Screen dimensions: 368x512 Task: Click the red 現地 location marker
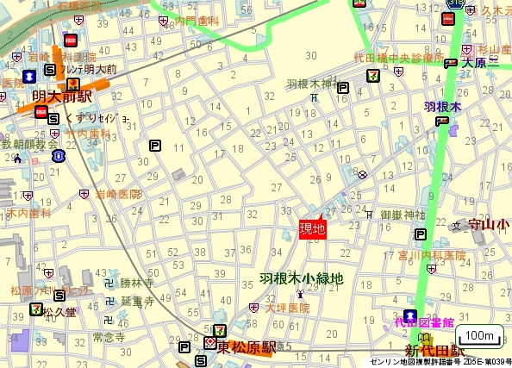click(312, 228)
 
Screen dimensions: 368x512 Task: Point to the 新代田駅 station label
click(435, 352)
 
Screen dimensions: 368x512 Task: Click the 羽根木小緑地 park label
click(302, 279)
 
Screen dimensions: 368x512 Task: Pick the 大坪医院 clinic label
click(287, 308)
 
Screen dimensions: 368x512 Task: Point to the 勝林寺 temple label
click(136, 283)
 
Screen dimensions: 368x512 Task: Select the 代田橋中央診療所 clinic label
click(398, 59)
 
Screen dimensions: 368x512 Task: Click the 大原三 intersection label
click(480, 63)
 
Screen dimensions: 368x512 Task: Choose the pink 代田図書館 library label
click(424, 321)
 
